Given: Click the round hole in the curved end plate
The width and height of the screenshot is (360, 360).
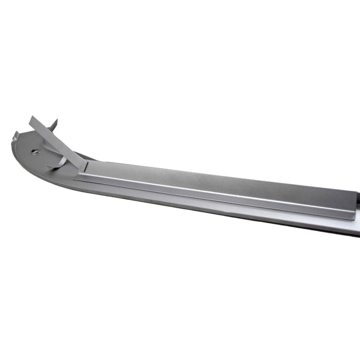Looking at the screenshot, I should coord(35,151).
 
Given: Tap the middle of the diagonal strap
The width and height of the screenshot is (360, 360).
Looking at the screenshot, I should coord(57,143).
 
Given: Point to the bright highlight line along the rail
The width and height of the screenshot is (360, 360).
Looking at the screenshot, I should coord(216,191).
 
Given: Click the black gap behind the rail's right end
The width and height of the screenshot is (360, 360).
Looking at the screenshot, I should coord(358,207).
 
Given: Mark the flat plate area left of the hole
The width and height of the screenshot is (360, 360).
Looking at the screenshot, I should coord(24,150).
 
